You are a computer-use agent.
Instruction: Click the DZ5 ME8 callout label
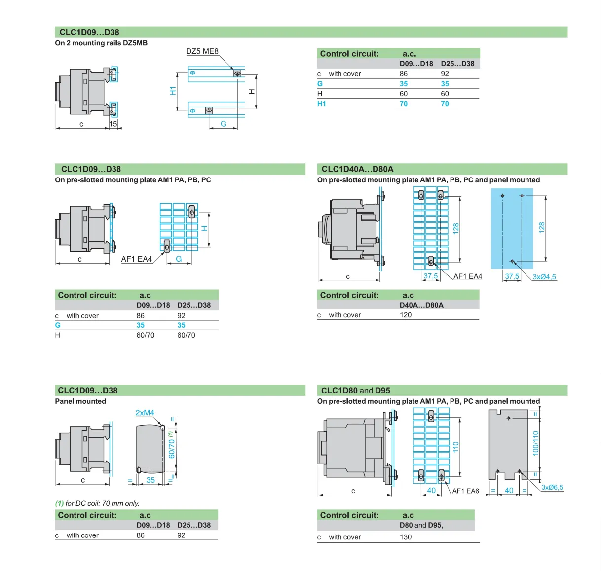[x=202, y=51]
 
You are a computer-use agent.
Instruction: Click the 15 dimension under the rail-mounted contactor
[x=113, y=124]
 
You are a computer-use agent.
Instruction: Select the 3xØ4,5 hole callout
[x=544, y=277]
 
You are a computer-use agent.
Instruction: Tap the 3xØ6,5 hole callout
[x=552, y=487]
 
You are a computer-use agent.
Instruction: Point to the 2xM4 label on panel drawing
[x=145, y=413]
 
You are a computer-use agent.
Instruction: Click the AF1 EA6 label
[x=465, y=491]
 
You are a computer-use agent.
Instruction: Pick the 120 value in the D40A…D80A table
[x=406, y=315]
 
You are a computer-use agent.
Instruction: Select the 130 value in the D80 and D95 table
[x=406, y=537]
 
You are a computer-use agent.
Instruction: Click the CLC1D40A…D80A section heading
[x=357, y=169]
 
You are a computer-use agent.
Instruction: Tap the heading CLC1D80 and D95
[x=355, y=391]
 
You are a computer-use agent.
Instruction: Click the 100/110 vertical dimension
[x=535, y=443]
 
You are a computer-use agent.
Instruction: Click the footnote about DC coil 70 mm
[x=97, y=503]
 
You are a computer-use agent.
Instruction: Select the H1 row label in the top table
[x=322, y=104]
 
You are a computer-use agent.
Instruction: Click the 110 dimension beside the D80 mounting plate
[x=455, y=447]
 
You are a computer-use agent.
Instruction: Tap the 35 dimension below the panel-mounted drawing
[x=150, y=480]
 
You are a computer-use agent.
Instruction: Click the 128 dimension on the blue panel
[x=541, y=227]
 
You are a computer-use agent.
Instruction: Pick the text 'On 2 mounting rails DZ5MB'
[x=101, y=43]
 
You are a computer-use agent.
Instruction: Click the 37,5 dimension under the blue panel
[x=512, y=276]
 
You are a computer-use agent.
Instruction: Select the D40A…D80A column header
[x=421, y=305]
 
